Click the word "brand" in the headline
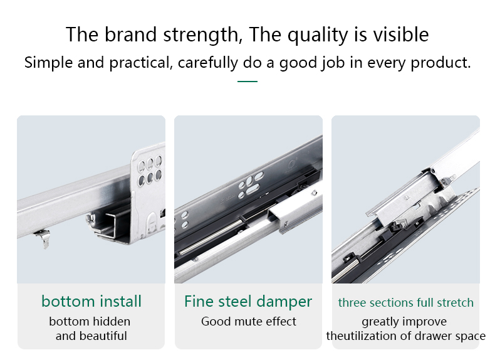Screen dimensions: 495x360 [x=130, y=34]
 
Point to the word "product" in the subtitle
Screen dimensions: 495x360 [x=440, y=63]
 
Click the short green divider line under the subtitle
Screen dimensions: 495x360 [x=247, y=82]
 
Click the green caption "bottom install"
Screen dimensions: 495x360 [x=91, y=301]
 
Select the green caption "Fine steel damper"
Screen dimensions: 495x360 [x=248, y=301]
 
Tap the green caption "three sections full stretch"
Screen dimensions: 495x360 [x=405, y=302]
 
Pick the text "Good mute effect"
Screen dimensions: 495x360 [x=249, y=322]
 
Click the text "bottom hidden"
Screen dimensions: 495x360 [x=90, y=322]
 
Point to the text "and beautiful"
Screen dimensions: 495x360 [x=91, y=336]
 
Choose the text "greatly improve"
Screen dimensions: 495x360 [x=404, y=322]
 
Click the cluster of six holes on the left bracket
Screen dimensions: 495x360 [x=150, y=170]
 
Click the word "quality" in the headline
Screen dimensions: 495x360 [x=318, y=34]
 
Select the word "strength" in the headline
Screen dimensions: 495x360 [x=201, y=34]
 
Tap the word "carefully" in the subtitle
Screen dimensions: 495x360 [x=208, y=63]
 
